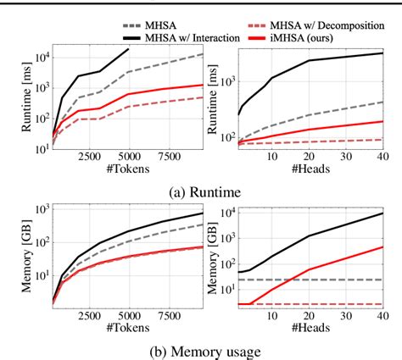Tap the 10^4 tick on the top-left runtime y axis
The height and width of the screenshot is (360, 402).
pos(40,57)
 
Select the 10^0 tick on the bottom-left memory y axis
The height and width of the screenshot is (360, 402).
pos(40,302)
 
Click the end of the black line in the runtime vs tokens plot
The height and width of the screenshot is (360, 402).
pos(128,48)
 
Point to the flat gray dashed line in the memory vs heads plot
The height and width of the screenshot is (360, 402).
pos(339,280)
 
